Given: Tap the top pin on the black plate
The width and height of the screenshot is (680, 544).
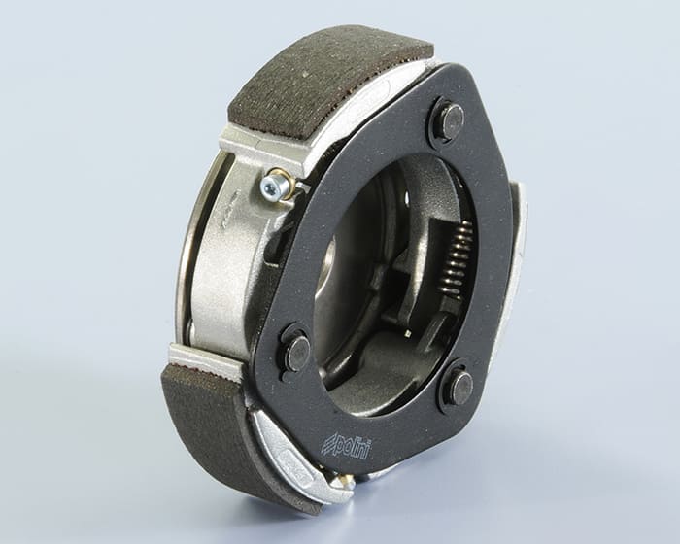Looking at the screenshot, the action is coord(452,119).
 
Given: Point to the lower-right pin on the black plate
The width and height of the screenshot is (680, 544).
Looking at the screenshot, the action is coord(461,386).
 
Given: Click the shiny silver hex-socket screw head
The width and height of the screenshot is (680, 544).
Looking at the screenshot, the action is coord(272,184).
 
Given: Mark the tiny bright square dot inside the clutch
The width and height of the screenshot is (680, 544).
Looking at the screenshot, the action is coord(408,333).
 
